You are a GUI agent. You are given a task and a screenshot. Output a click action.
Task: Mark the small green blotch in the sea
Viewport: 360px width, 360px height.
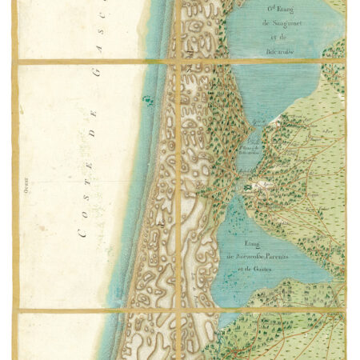click(146, 100)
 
